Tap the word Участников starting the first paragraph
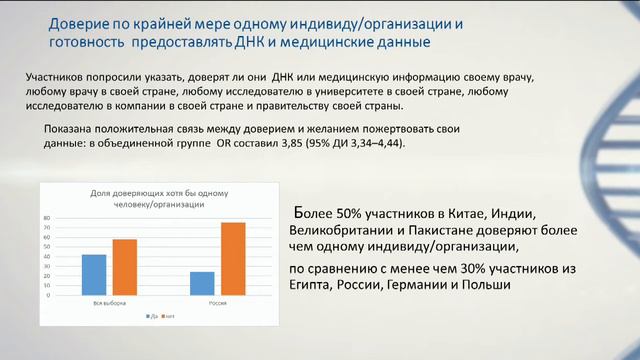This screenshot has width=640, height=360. coord(58,78)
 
